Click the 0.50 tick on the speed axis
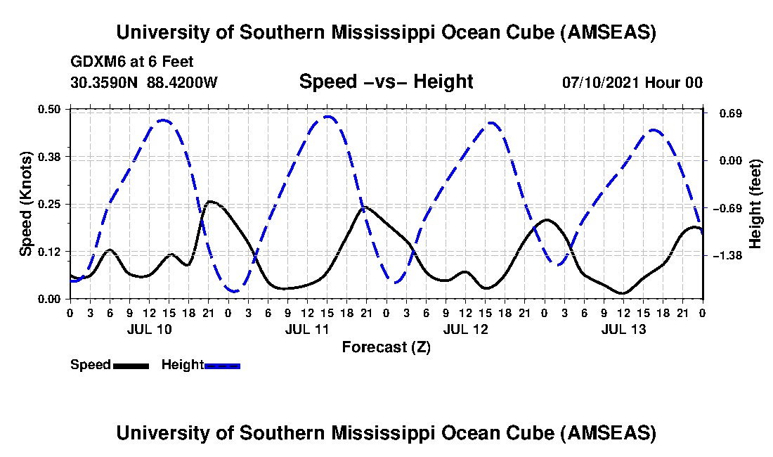(x=51, y=109)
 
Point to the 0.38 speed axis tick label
(x=51, y=156)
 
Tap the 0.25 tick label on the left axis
(x=51, y=204)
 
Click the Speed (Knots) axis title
(x=26, y=203)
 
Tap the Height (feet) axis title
(x=755, y=204)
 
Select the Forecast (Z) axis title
(x=386, y=347)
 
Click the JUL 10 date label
(x=148, y=329)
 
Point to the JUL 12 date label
(x=465, y=329)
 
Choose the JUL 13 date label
(x=623, y=329)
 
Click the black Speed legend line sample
(x=130, y=366)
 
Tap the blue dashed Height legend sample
(x=222, y=366)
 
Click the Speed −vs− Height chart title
(x=386, y=82)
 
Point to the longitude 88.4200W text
(x=182, y=82)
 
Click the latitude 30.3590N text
(x=105, y=82)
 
